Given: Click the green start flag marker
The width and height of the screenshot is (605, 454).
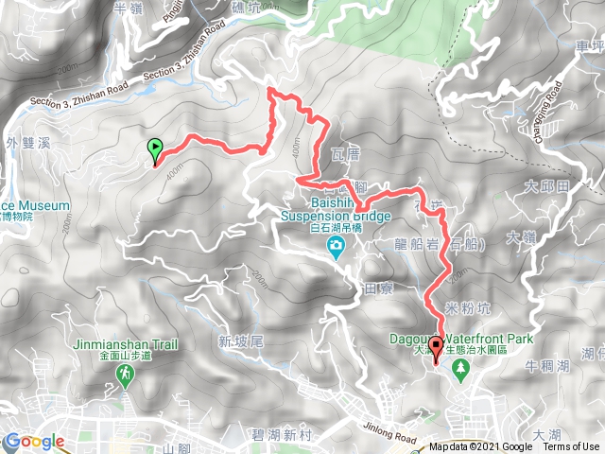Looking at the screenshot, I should pos(154,149).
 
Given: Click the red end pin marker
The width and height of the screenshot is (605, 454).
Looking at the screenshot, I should pos(436,348).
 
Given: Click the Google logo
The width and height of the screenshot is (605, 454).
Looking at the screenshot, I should pos(34,442).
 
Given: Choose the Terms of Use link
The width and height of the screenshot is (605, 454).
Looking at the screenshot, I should pos(570,447).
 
